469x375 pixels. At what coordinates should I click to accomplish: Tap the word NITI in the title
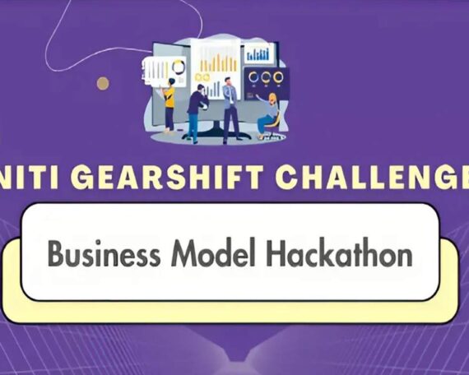pyautogui.click(x=29, y=178)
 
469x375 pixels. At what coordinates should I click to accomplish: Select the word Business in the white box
pyautogui.click(x=104, y=253)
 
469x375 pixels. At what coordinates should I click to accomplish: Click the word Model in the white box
pyautogui.click(x=214, y=252)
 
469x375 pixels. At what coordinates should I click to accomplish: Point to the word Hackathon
pyautogui.click(x=340, y=252)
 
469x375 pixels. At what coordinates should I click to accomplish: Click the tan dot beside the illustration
pyautogui.click(x=103, y=83)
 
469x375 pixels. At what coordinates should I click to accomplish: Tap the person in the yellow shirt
pyautogui.click(x=169, y=105)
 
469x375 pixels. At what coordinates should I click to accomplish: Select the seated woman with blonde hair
pyautogui.click(x=268, y=115)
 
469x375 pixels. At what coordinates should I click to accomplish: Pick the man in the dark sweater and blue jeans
pyautogui.click(x=197, y=113)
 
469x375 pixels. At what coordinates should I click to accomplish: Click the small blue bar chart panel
pyautogui.click(x=258, y=53)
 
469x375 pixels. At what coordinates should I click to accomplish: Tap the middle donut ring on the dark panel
pyautogui.click(x=266, y=77)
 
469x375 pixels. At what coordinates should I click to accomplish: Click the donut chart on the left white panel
pyautogui.click(x=179, y=67)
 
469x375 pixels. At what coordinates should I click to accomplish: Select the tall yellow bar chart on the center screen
pyautogui.click(x=218, y=62)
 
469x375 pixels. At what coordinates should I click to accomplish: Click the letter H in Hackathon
pyautogui.click(x=275, y=252)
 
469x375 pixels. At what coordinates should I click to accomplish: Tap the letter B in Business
pyautogui.click(x=56, y=253)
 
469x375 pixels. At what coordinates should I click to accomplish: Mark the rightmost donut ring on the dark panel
pyautogui.click(x=278, y=77)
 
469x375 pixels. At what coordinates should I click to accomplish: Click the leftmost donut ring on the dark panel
pyautogui.click(x=253, y=77)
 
